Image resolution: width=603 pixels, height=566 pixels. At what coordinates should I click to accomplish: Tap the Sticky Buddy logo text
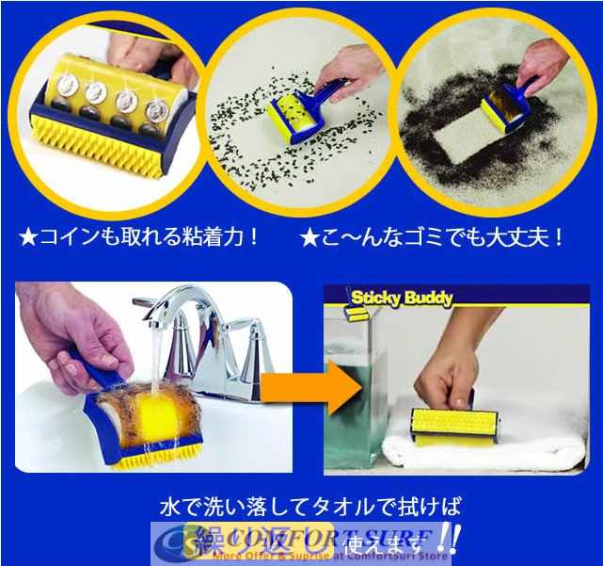pyautogui.click(x=402, y=299)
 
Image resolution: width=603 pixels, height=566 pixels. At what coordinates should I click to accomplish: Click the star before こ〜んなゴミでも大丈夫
pyautogui.click(x=308, y=236)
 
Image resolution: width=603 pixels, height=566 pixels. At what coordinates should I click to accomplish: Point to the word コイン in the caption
pyautogui.click(x=63, y=236)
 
